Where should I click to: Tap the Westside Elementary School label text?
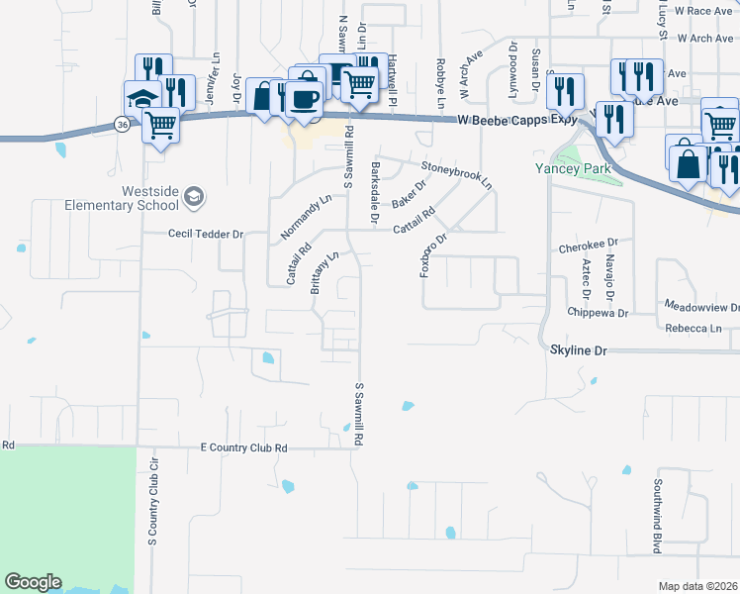121,198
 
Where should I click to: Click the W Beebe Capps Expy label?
516,119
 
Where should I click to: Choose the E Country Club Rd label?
243,448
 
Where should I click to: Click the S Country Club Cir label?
153,508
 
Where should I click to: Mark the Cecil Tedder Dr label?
206,235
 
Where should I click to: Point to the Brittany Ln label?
325,272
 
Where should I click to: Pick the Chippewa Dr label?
599,312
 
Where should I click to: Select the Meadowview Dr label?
701,307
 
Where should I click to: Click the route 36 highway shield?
121,125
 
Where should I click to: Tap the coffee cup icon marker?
305,98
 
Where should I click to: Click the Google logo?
33,582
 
